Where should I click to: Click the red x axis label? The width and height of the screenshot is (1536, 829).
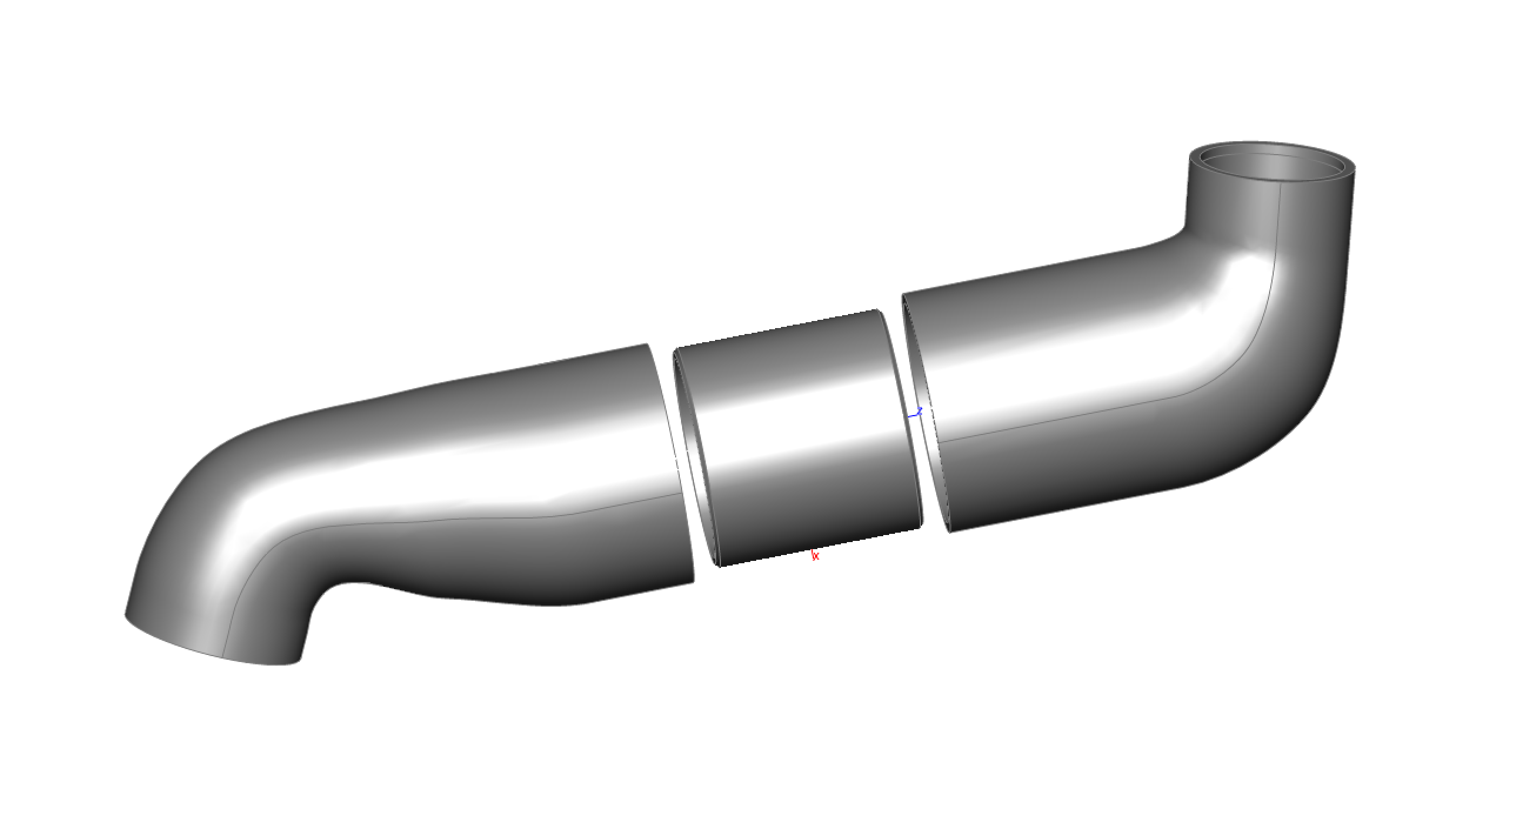point(815,556)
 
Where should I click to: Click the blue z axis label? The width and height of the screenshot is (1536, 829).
point(919,411)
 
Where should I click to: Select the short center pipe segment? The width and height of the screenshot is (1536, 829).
point(799,441)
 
